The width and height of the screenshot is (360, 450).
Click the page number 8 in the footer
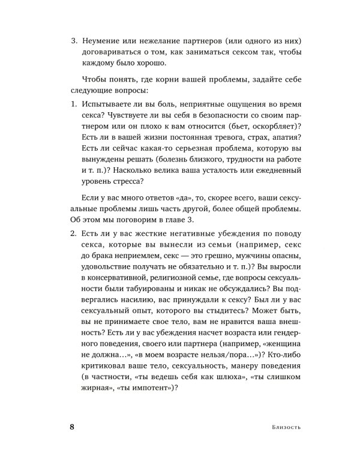point(73,427)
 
